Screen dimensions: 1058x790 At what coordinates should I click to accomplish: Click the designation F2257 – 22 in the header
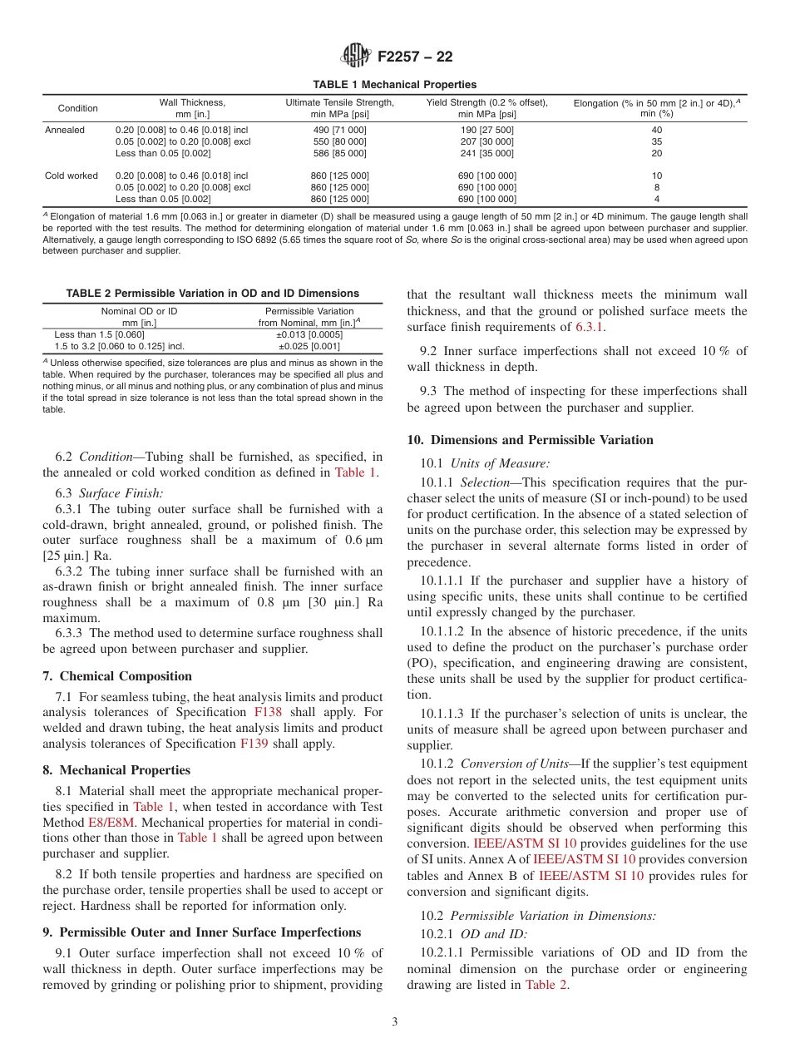point(414,57)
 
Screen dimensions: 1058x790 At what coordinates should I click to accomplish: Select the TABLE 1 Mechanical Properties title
point(394,85)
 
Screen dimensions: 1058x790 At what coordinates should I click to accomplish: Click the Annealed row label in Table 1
point(64,131)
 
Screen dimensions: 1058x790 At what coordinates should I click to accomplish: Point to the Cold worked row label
point(71,176)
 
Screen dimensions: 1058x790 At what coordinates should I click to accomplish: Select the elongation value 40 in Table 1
point(656,131)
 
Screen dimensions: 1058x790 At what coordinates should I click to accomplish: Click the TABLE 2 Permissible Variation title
point(212,294)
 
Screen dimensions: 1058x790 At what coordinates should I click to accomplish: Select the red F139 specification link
point(254,744)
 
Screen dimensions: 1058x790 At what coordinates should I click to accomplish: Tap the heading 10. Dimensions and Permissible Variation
point(530,440)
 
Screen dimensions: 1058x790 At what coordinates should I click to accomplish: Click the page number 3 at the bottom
point(395,1022)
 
